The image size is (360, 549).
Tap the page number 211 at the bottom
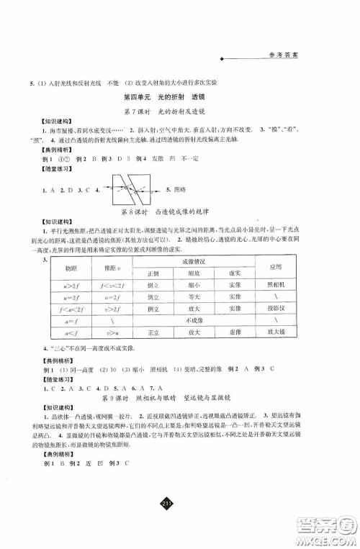click(x=179, y=520)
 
